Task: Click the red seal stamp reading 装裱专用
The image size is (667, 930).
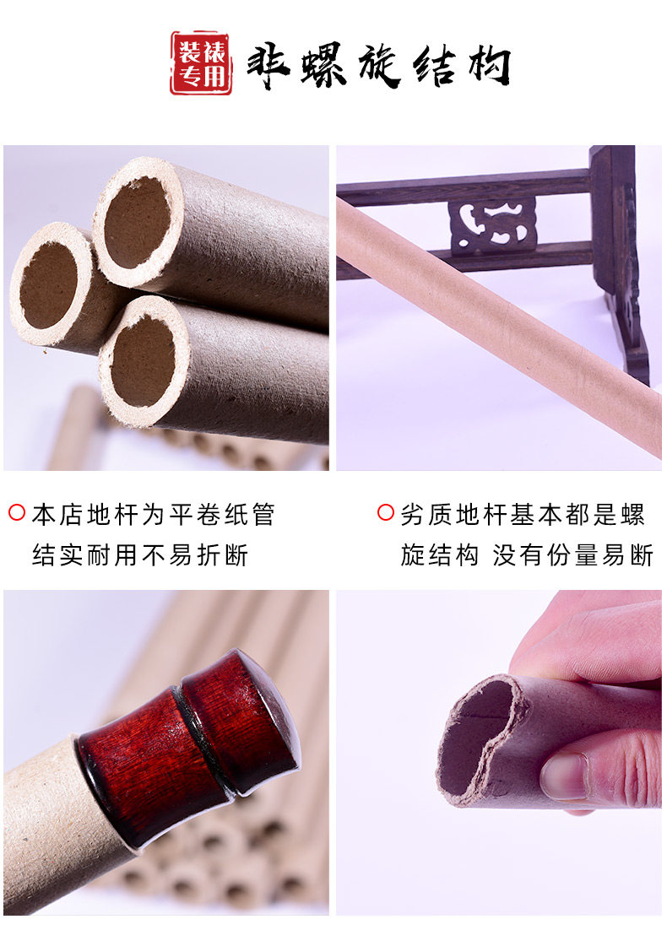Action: [201, 62]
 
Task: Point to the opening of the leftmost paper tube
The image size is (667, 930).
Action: [49, 286]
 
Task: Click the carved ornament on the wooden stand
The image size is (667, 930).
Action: [492, 225]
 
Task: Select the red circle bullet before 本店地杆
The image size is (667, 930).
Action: [17, 512]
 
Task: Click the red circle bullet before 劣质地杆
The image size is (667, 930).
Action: [386, 512]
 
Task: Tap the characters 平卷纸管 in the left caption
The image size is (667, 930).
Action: [222, 514]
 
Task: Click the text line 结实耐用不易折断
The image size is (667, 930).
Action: [140, 554]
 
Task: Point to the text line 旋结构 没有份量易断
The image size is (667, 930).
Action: [526, 554]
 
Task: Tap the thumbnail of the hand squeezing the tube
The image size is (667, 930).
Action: [499, 753]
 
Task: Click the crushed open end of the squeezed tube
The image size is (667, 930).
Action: [478, 738]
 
